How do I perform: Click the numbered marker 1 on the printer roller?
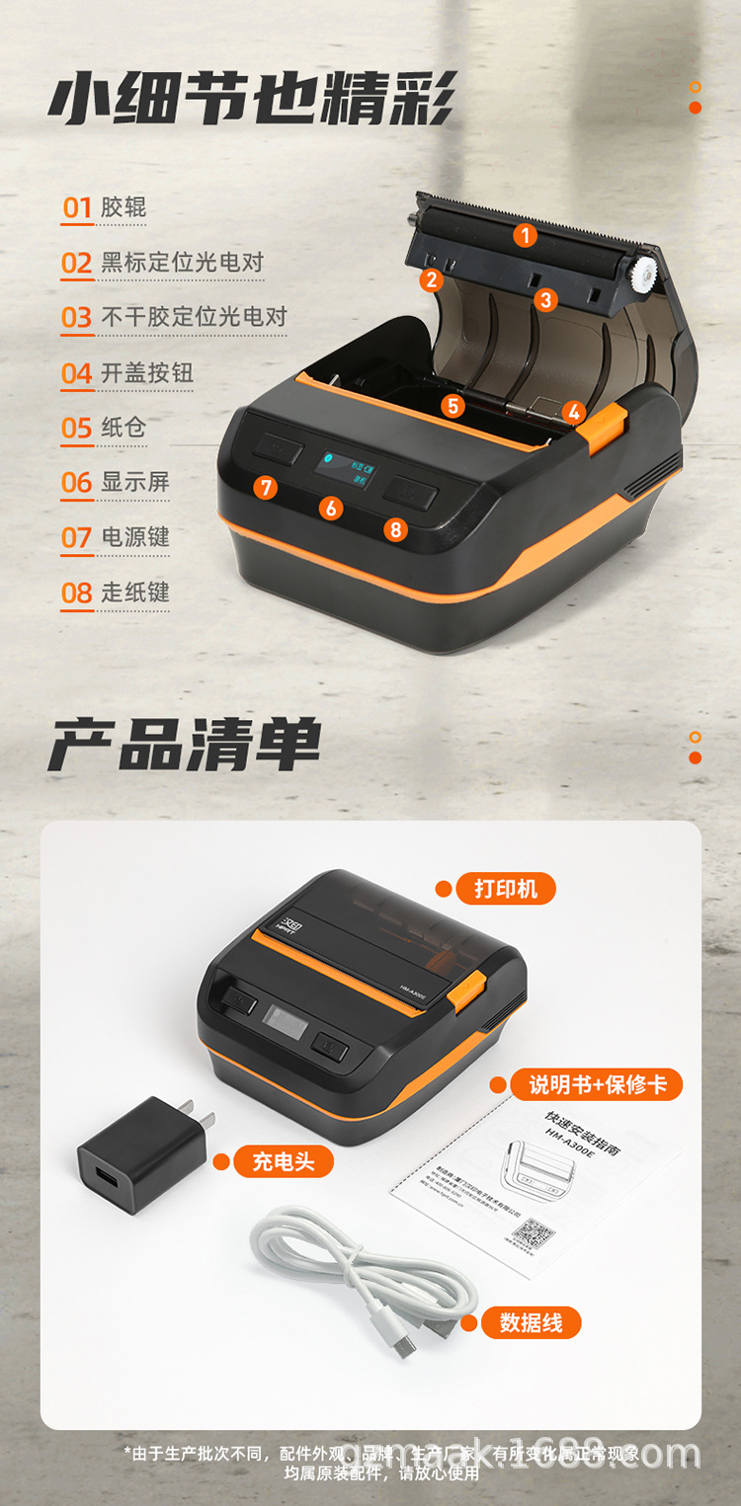pos(525,235)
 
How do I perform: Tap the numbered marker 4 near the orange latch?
pos(574,413)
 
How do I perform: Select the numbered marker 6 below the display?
pos(331,509)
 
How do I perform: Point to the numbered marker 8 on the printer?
pos(396,529)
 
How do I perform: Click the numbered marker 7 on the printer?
pos(264,487)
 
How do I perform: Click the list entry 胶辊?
pos(123,207)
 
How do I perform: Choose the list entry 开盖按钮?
pos(146,373)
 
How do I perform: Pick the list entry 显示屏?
pos(135,482)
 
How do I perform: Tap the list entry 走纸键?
pos(135,593)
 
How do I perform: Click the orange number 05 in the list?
pos(77,429)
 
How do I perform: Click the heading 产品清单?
pos(185,746)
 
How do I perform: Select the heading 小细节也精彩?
pos(252,102)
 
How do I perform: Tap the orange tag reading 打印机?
pos(506,889)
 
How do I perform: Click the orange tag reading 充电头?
pos(284,1162)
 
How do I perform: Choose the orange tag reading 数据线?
pos(531,1322)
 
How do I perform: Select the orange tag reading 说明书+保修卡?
pos(598,1085)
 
